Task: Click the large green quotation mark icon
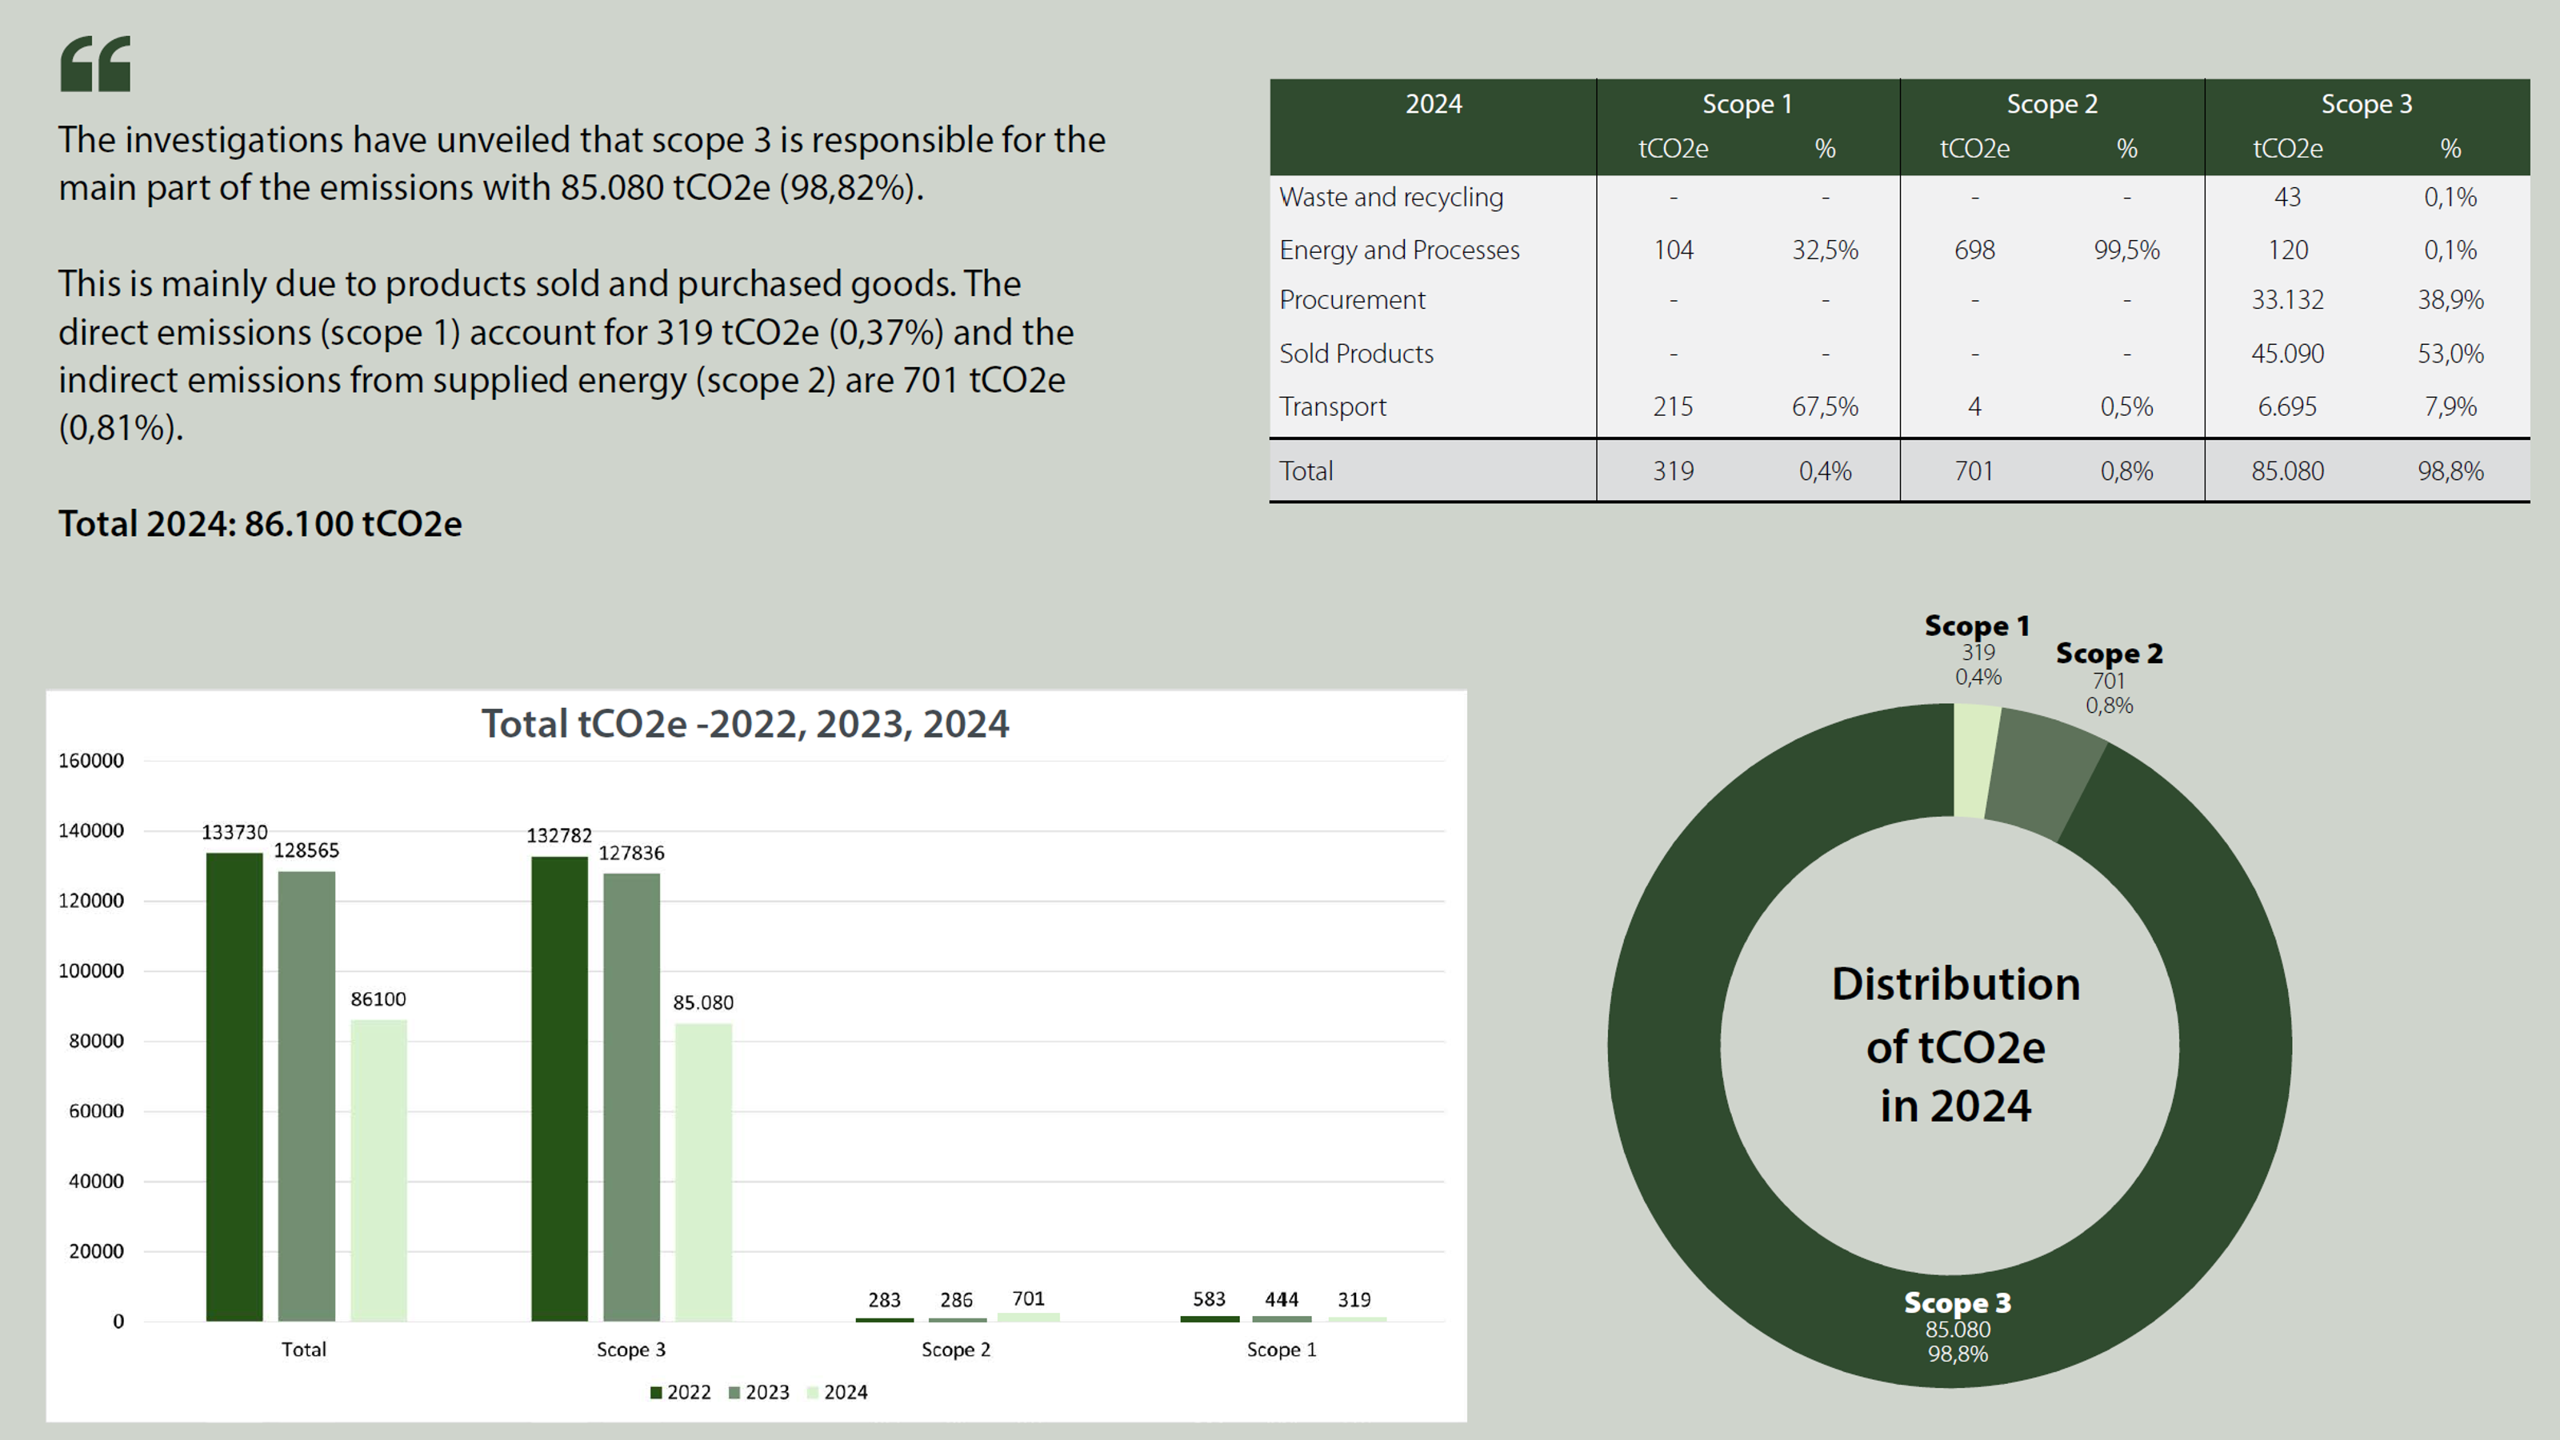click(95, 65)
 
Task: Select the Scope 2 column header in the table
click(2051, 104)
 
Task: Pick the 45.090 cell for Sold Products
click(2286, 354)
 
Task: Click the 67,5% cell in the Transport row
click(1825, 406)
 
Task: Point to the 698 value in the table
click(1974, 250)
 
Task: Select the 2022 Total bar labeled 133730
click(234, 1087)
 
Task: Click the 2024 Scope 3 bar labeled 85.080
click(704, 1172)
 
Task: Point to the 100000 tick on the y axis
click(91, 971)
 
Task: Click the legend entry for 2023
click(759, 1392)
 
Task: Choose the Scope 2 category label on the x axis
click(955, 1350)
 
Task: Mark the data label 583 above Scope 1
click(1209, 1299)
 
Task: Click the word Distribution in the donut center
click(1954, 984)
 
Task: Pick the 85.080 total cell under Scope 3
click(2286, 471)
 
